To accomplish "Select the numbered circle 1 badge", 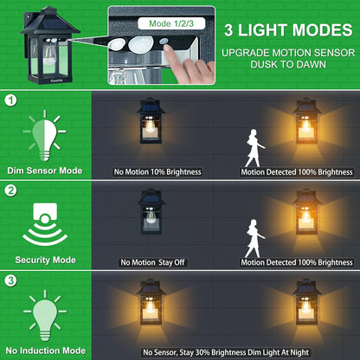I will [10, 100].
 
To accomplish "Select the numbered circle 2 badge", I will [10, 190].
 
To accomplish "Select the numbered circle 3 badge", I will [10, 280].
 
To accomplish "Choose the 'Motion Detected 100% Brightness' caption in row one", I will [296, 172].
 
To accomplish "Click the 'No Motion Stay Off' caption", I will [152, 261].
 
